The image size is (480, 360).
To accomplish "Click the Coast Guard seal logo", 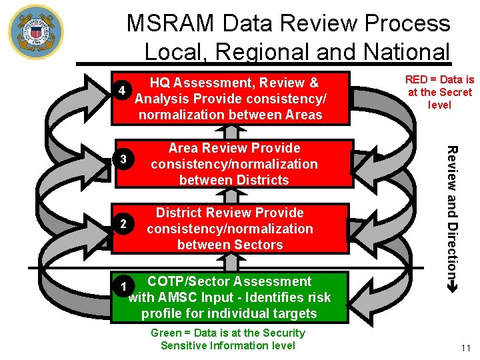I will (35, 31).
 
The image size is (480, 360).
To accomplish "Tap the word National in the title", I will (403, 51).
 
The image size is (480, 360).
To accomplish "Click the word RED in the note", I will (417, 79).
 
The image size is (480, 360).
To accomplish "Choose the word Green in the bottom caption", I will (166, 333).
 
